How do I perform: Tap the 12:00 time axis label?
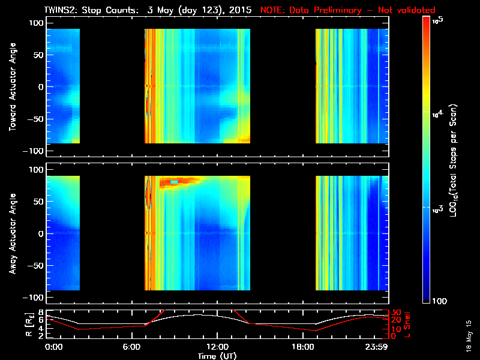pyautogui.click(x=216, y=348)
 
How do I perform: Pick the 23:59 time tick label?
pyautogui.click(x=377, y=348)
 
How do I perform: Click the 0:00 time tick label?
pyautogui.click(x=53, y=348)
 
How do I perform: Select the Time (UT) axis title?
pyautogui.click(x=217, y=356)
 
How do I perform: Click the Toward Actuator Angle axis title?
pyautogui.click(x=12, y=87)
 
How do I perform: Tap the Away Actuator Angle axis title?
pyautogui.click(x=12, y=234)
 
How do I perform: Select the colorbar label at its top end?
pyautogui.click(x=437, y=19)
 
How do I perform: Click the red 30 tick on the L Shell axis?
pyautogui.click(x=396, y=313)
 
